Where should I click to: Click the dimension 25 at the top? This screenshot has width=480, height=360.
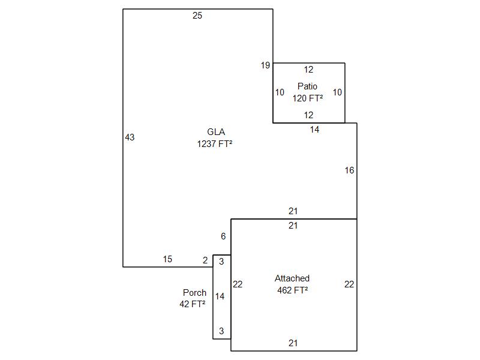pos(197,16)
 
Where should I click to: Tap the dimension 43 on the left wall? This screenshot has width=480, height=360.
pos(130,137)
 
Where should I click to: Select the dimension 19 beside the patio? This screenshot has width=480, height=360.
pos(265,65)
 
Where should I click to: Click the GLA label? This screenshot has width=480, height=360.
pos(216,132)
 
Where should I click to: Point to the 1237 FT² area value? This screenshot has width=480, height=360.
pos(215,144)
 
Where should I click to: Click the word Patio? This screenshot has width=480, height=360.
pos(307,86)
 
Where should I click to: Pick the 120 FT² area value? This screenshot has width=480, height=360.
pos(308,98)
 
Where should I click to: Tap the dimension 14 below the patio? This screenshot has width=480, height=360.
pos(315,129)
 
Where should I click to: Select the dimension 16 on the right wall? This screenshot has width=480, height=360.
pos(349,170)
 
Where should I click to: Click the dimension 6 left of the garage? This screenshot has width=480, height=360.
pos(223,236)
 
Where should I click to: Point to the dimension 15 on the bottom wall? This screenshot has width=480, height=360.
pos(167,259)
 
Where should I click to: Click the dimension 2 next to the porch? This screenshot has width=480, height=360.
pos(205,260)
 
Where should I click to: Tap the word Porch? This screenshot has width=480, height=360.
pos(194,293)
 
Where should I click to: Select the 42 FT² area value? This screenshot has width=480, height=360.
pos(193,304)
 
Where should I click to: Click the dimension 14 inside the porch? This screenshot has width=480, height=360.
pos(220,296)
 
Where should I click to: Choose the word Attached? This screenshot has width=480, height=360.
pos(292,278)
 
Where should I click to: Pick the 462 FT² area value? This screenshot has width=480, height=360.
pos(292,290)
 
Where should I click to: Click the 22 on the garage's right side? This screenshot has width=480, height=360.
pos(349,284)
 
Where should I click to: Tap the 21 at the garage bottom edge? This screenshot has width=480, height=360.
pos(293,343)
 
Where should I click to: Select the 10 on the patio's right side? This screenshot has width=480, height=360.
pos(337,92)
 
